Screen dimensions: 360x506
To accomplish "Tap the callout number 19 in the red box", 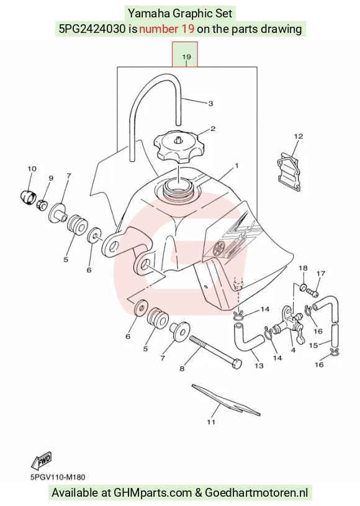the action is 186,56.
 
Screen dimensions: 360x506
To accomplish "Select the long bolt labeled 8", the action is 215,353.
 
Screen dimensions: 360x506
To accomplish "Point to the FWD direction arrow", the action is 42,460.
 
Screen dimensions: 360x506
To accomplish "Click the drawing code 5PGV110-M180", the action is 58,477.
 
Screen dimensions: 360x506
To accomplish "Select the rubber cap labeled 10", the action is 27,197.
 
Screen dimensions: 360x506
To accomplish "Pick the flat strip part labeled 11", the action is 226,399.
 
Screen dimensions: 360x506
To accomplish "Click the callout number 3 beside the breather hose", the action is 210,104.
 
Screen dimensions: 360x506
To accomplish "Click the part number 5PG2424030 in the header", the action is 92,29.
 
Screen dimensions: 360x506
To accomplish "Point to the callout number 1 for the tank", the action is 236,166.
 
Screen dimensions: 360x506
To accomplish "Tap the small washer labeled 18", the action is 303,287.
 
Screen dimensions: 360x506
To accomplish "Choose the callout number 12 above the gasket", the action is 299,137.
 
